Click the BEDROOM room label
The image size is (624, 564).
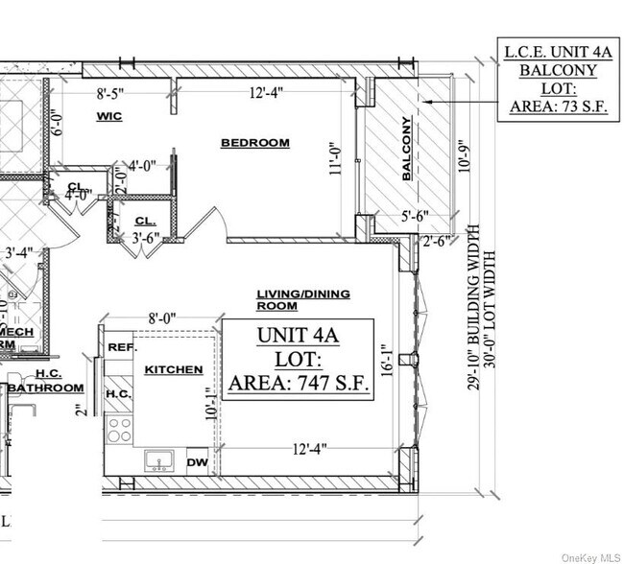click(254, 143)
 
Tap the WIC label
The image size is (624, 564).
click(108, 116)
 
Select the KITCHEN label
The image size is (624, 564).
click(173, 369)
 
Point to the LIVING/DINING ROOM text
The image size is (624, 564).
click(302, 299)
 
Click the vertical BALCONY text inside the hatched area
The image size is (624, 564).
click(406, 150)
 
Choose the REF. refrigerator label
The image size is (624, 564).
click(120, 348)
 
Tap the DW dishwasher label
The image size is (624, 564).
click(197, 462)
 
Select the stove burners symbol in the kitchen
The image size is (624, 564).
click(119, 428)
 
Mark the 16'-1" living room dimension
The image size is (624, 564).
click(385, 360)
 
